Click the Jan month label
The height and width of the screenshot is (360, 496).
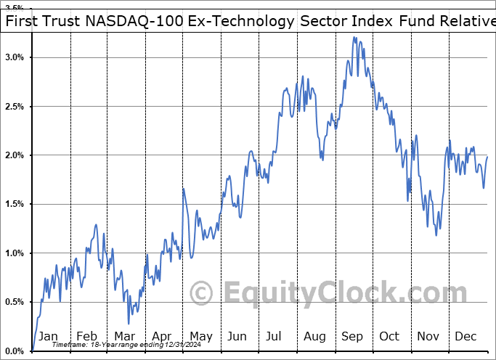tap(48, 336)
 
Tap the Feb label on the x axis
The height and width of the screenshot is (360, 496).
tap(86, 336)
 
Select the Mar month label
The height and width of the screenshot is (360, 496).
tap(123, 336)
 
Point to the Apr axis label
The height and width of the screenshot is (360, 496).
tap(161, 336)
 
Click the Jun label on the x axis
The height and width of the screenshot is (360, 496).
tap(237, 336)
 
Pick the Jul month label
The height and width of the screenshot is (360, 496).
tap(275, 336)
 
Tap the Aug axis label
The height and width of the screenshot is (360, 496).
tap(314, 336)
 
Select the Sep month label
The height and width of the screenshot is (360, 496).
tap(352, 336)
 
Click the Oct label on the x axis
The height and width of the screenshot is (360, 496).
tap(389, 336)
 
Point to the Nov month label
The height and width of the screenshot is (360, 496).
tap(427, 336)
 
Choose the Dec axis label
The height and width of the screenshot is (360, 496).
tap(465, 336)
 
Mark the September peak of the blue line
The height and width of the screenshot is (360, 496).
tap(354, 37)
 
